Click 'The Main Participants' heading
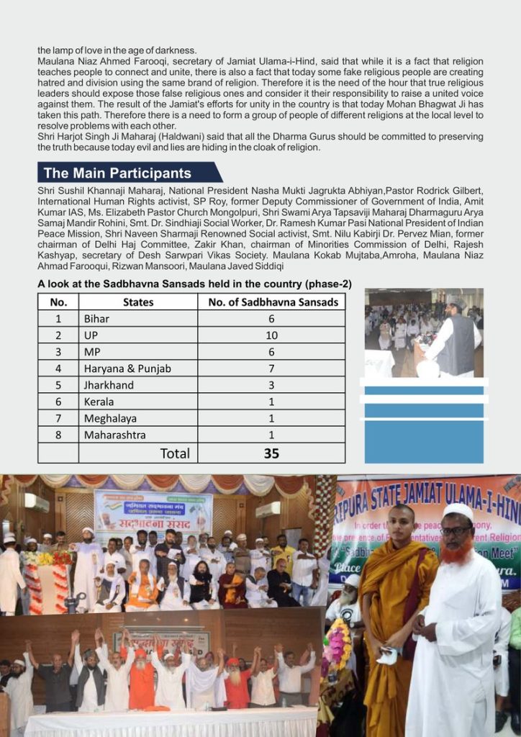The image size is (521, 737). (x=117, y=173)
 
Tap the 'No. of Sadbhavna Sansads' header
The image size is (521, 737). (x=273, y=302)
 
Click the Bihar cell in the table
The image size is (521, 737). (x=97, y=319)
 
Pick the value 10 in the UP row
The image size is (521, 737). (x=271, y=335)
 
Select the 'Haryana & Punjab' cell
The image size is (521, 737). (x=127, y=368)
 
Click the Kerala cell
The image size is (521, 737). (x=99, y=402)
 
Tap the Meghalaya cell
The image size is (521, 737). (x=111, y=418)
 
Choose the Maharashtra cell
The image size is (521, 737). (x=114, y=435)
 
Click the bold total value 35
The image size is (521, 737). (x=271, y=453)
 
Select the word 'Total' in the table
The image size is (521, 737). (x=175, y=453)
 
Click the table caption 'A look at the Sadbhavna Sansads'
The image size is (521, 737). (x=194, y=284)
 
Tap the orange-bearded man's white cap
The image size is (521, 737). (x=458, y=512)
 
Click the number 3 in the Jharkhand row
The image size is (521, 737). (x=271, y=385)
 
